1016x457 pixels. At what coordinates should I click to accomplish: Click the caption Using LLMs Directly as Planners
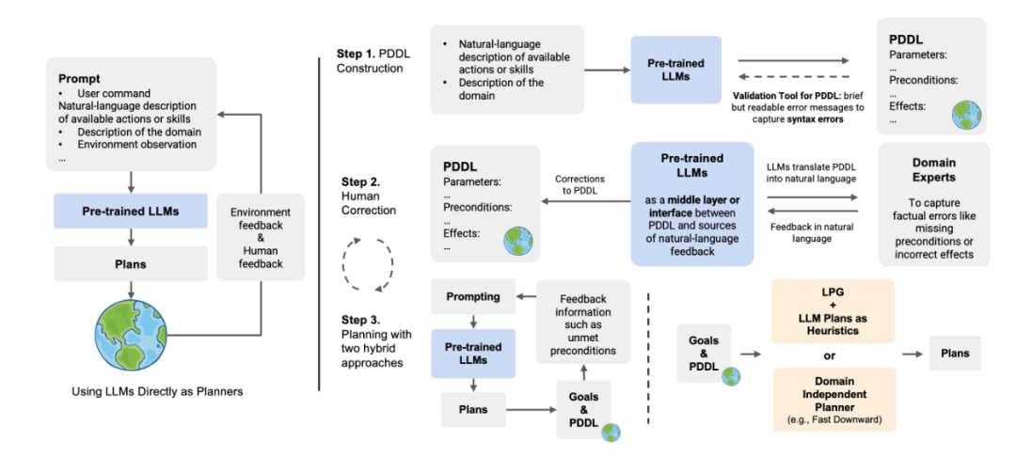(156, 391)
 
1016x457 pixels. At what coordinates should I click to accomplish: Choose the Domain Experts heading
(933, 175)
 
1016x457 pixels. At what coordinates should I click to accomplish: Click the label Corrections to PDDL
(579, 185)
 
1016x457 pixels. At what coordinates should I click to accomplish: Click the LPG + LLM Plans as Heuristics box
(819, 309)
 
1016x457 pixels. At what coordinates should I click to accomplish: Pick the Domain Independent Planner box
(819, 399)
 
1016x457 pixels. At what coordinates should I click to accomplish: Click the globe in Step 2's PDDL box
(517, 240)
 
